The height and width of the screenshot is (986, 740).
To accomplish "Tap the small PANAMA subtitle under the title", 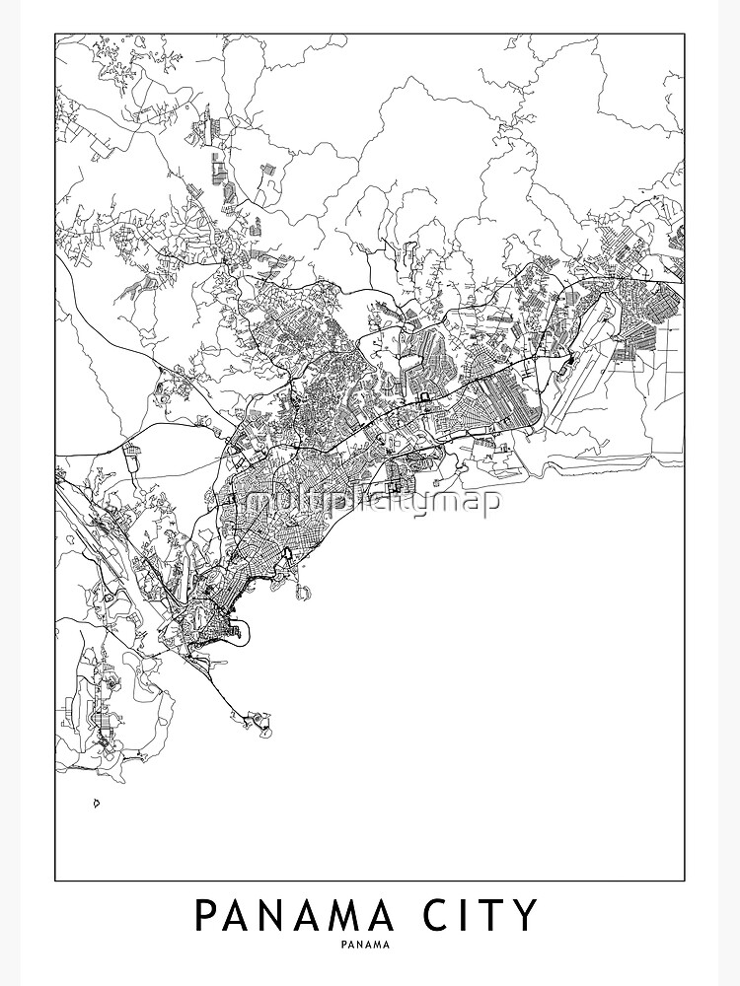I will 369,944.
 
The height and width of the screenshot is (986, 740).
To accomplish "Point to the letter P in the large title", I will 205,915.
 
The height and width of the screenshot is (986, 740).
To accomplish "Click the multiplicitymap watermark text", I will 373,502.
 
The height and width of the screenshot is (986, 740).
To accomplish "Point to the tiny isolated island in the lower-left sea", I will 97,803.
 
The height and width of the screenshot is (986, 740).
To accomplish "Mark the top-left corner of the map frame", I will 55,35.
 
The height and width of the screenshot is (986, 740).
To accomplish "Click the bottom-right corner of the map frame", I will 685,880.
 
